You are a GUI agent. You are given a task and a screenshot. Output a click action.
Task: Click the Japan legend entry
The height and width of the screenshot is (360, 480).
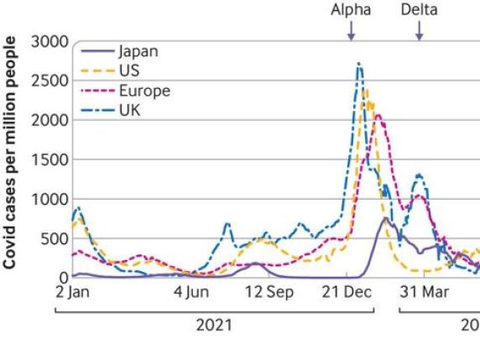point(137,50)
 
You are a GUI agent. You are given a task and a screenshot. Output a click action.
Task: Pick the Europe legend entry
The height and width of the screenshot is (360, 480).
point(143,90)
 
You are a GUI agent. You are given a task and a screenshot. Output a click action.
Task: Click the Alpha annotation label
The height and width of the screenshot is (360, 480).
point(351,10)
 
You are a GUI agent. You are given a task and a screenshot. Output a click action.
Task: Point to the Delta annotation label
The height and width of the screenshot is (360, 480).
point(419,10)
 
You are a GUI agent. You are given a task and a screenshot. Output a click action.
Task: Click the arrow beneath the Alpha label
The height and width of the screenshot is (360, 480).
point(351,30)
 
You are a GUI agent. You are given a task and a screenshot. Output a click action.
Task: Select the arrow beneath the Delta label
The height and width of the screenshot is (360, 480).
point(419,30)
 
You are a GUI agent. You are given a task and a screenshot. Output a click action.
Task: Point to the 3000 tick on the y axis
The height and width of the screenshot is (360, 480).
point(50,41)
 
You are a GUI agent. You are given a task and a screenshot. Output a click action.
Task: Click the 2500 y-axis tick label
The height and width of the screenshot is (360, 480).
point(50,81)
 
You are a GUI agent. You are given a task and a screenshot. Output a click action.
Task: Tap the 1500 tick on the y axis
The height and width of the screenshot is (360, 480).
point(50,159)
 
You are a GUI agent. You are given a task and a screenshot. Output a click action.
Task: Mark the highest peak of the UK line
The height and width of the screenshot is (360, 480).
point(359,64)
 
